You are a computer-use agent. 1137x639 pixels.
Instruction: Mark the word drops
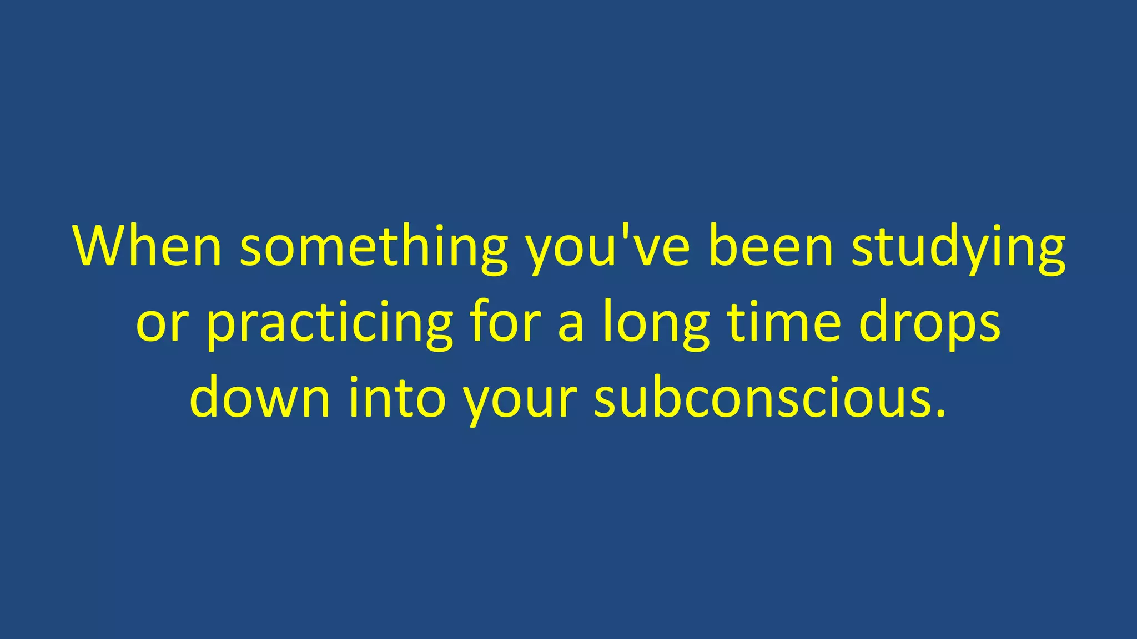coord(929,324)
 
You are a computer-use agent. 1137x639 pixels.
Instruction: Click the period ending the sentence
coord(940,413)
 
